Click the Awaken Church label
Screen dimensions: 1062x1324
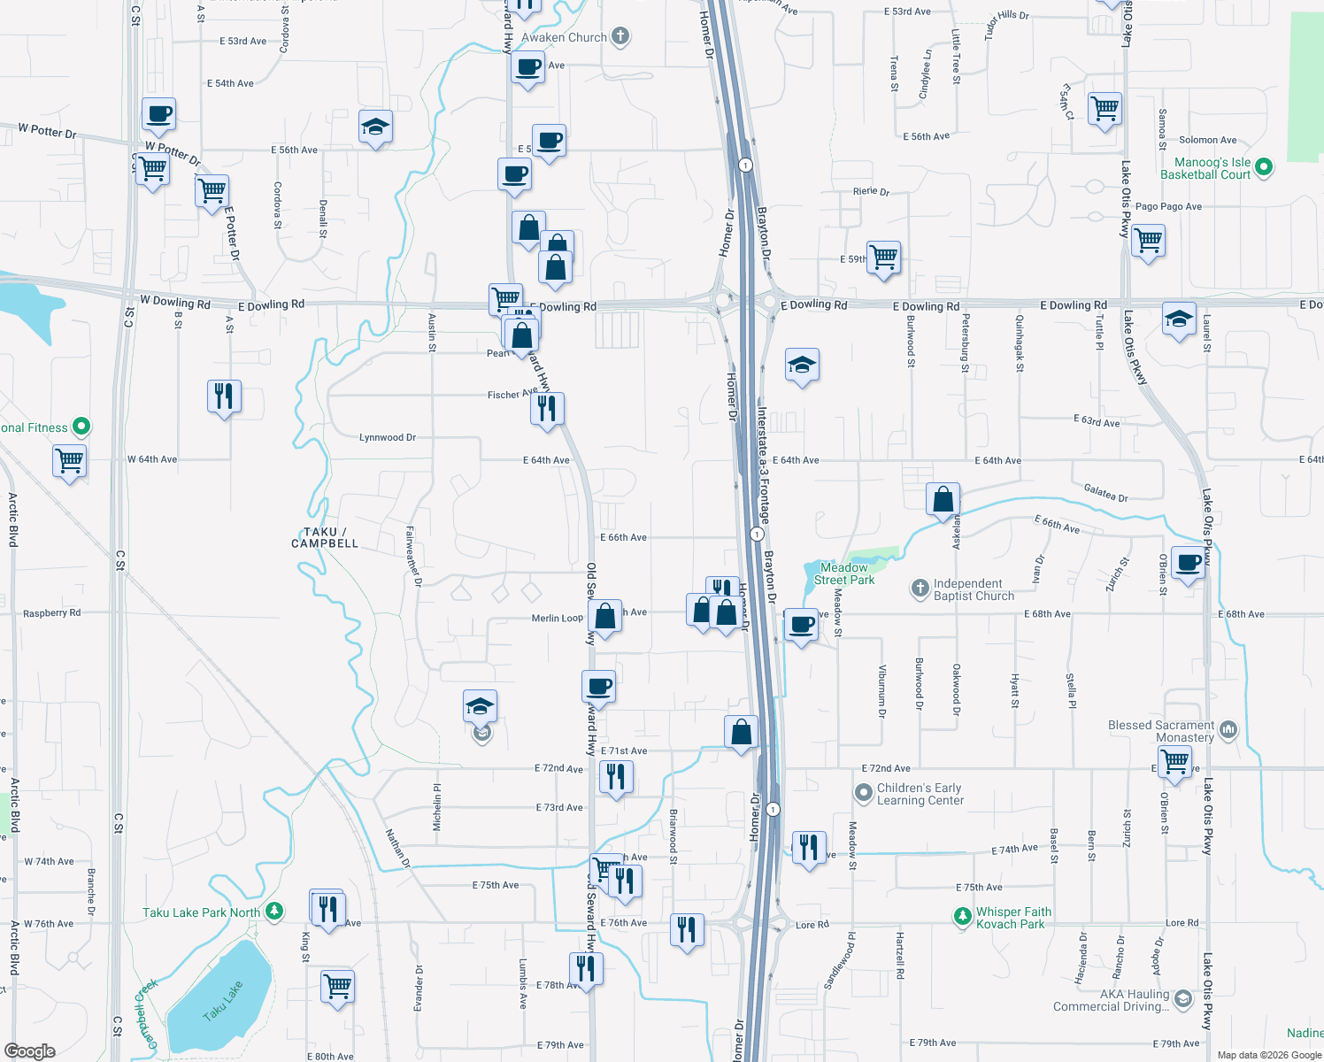coord(564,37)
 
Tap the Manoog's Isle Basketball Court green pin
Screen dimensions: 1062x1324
coord(1264,166)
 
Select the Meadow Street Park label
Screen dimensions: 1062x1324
coord(844,573)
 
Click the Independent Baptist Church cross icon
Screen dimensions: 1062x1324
coord(920,588)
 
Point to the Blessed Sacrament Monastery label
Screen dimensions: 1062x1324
coord(1161,731)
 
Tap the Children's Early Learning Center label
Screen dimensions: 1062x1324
coord(920,794)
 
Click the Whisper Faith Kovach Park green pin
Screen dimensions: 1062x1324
coord(962,917)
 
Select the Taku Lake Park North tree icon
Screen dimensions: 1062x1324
coord(274,911)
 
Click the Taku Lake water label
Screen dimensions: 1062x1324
coord(222,1001)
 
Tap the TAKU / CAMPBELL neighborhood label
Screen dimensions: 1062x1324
coord(325,537)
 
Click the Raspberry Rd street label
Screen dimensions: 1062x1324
coord(51,612)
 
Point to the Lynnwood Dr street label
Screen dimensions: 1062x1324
coord(388,437)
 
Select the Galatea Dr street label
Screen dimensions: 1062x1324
coord(1105,493)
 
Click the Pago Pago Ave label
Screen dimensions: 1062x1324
coord(1168,206)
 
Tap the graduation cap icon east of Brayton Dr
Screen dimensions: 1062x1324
coord(802,365)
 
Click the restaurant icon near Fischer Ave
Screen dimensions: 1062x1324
coord(547,408)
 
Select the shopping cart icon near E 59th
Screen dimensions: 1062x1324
coord(884,258)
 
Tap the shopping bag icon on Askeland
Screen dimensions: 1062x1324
coord(943,499)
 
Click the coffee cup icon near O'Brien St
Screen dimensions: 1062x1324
coord(1189,562)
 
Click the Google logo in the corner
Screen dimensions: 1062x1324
coord(30,1050)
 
